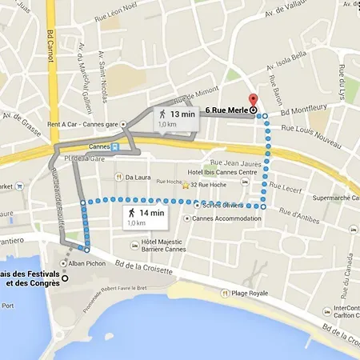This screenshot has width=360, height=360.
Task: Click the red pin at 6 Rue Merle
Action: pos(254,102)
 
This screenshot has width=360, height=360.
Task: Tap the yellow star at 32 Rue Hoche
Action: pos(186,186)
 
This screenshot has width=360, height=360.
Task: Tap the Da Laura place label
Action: pos(138,177)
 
